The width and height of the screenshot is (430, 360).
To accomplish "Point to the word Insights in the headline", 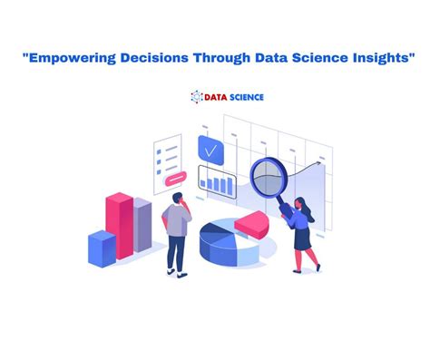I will (x=381, y=57).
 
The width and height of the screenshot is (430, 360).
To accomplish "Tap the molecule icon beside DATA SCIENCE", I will (x=195, y=96).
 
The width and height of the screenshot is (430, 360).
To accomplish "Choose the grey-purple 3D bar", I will (x=142, y=227).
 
